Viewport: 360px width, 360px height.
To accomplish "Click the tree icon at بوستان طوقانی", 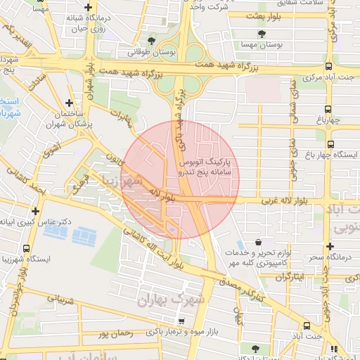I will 152,41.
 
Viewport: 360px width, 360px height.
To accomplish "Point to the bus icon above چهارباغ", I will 328,108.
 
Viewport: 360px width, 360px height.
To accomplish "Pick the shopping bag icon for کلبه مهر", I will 259,241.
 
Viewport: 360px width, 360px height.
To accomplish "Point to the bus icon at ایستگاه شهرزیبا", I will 27,248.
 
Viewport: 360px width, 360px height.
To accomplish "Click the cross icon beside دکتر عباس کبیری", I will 35,210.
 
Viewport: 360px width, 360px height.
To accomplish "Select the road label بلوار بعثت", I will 262,14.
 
